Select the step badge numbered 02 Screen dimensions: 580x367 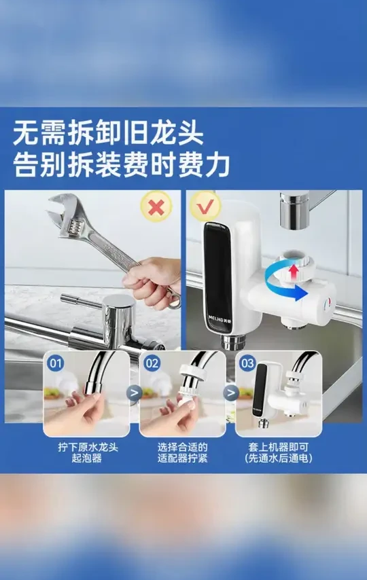pos(152,363)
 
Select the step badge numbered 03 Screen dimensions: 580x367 pos(247,363)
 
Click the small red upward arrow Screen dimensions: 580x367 pos(293,272)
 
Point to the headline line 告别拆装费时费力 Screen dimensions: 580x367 pos(122,166)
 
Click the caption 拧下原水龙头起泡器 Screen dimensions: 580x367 pos(87,453)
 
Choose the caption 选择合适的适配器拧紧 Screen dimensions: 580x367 pos(182,453)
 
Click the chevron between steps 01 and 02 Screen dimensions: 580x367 pos(135,391)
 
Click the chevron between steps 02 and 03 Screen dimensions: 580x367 pos(231,391)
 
